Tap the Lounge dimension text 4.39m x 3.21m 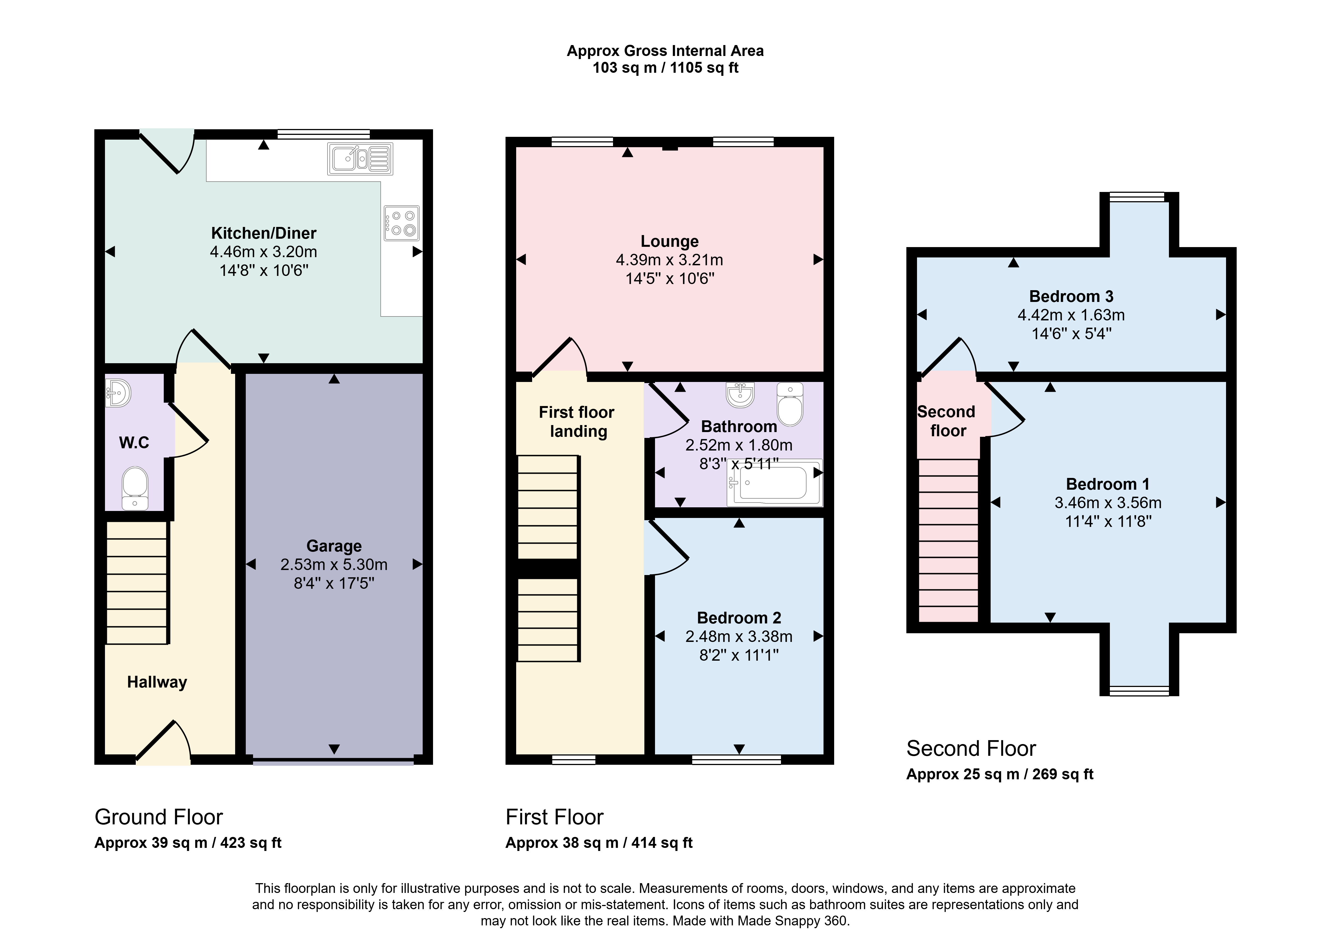[x=669, y=260]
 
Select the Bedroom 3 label [x=1071, y=297]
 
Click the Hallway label [x=157, y=682]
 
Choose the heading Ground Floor [x=158, y=817]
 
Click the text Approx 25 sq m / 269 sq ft [x=1000, y=774]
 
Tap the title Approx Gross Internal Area [x=665, y=51]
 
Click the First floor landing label [x=577, y=422]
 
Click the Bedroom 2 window [x=736, y=759]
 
